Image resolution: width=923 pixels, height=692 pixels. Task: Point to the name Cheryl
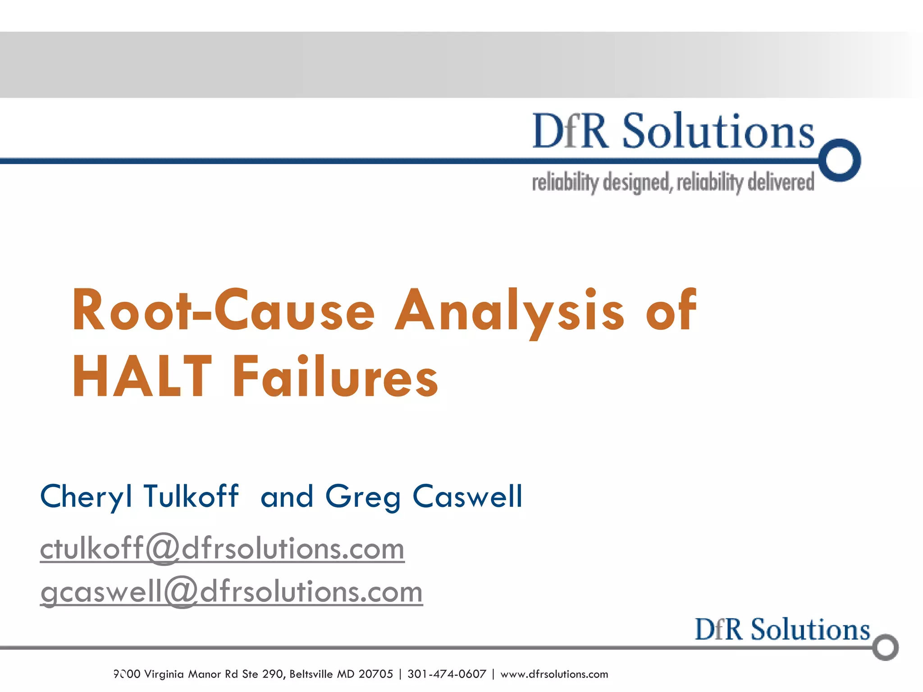[x=86, y=497]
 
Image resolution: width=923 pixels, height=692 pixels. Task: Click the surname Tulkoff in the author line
[x=191, y=496]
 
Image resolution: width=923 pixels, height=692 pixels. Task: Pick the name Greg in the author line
[x=363, y=497]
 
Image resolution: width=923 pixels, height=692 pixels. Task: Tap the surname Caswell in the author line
[x=467, y=496]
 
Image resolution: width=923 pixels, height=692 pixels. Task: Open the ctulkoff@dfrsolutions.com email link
[x=222, y=549]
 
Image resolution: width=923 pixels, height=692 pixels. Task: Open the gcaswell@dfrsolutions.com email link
[x=231, y=591]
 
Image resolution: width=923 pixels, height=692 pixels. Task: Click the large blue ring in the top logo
[x=840, y=160]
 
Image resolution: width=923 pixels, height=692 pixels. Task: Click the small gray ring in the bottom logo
[x=886, y=647]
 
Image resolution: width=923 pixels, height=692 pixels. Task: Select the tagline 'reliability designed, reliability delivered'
[x=673, y=182]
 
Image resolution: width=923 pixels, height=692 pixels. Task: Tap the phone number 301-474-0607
[x=447, y=674]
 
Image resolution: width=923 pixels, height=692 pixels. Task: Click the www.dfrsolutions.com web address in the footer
[x=554, y=674]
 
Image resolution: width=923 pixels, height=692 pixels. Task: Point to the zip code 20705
[x=375, y=674]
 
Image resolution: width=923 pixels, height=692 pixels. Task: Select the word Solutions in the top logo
[x=718, y=131]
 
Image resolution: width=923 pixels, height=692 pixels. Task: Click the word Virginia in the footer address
[x=164, y=674]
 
